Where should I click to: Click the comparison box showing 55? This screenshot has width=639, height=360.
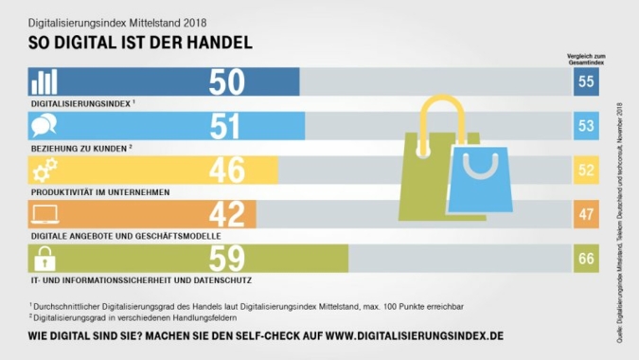[x=586, y=82]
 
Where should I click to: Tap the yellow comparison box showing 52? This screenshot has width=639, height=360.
[x=586, y=171]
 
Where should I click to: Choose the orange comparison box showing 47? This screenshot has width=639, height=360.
[x=586, y=214]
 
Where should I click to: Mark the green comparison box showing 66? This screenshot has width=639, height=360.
[x=586, y=258]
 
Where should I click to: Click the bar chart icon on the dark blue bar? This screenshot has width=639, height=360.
[x=45, y=81]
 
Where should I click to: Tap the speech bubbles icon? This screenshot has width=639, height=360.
[x=45, y=125]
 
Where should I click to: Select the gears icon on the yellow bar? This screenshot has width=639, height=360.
[x=45, y=170]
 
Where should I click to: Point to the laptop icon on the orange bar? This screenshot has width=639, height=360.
[x=45, y=213]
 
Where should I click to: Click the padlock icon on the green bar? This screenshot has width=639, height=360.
[x=45, y=257]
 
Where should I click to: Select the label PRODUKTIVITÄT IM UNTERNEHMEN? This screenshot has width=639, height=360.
[x=99, y=191]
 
